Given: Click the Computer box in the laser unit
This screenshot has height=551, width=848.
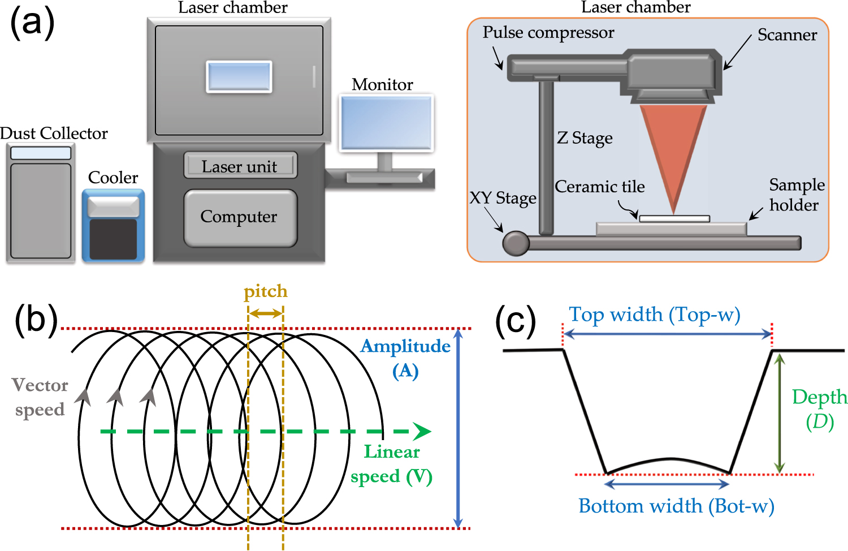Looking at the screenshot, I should click(x=240, y=218).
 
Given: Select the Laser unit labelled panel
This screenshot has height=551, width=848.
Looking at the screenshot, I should click(x=240, y=166).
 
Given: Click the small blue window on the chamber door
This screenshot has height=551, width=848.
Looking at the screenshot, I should click(x=239, y=76).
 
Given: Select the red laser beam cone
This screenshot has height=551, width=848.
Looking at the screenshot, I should click(x=673, y=147).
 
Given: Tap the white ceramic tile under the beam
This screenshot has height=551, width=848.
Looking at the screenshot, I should click(x=674, y=218).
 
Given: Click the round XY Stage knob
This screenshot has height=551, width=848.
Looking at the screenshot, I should click(x=516, y=243).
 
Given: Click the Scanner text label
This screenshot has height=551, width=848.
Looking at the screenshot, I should click(x=787, y=35).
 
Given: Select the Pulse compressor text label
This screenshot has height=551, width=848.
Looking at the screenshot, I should click(x=548, y=33).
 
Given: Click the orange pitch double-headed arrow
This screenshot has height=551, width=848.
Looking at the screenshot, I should click(x=266, y=313).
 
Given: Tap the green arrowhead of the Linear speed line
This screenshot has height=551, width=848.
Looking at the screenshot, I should click(x=421, y=431).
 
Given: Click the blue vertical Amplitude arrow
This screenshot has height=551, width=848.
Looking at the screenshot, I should click(x=458, y=428).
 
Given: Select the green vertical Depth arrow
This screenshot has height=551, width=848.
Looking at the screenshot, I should click(x=780, y=413).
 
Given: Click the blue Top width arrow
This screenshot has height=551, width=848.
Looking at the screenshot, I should click(x=667, y=334).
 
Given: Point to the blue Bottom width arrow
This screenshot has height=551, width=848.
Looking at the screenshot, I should click(x=667, y=484).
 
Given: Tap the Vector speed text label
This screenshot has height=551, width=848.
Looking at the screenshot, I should click(x=40, y=397).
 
